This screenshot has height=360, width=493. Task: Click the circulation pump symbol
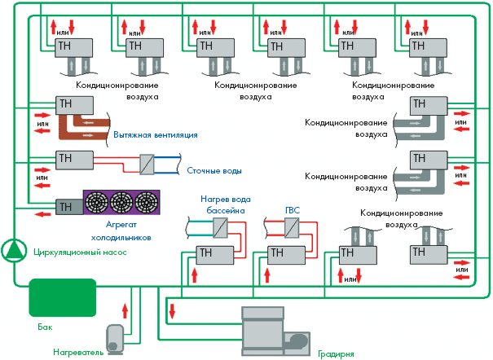(13, 250)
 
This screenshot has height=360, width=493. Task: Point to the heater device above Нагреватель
(116, 336)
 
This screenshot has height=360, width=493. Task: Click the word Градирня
(336, 354)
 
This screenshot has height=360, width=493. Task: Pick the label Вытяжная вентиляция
(156, 135)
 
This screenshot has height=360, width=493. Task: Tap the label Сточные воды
(213, 171)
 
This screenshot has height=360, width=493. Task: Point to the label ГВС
(293, 210)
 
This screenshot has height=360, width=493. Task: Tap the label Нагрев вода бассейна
(223, 204)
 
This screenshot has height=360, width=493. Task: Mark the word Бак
(45, 327)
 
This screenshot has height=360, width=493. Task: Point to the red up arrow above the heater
(125, 310)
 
